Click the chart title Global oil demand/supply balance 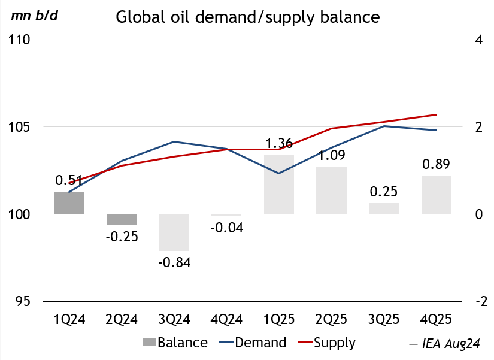247,17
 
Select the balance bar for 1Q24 69,203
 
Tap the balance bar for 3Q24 174,232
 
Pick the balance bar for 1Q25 279,184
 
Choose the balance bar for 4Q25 436,195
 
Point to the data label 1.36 279,144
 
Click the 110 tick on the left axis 20,40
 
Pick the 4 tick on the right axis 478,40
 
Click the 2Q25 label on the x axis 331,319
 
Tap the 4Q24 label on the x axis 226,319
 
